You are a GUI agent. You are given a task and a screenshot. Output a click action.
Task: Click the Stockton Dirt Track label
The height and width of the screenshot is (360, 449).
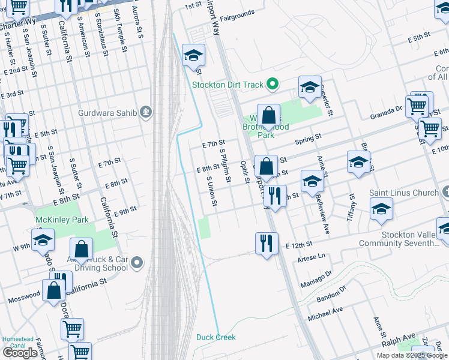(228, 84)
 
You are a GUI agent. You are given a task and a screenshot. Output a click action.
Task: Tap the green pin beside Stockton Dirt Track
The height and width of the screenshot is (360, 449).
(273, 84)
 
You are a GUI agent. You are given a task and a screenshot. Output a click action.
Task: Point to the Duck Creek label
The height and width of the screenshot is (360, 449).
(215, 337)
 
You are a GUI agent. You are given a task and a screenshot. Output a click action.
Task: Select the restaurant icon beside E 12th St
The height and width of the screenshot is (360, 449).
(267, 243)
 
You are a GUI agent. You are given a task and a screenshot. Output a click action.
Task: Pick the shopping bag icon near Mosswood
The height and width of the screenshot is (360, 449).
(54, 290)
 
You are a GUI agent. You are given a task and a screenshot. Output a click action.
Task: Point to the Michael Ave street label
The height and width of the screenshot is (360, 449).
(325, 313)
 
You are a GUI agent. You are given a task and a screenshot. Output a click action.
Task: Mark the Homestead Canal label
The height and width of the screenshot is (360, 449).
(18, 342)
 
